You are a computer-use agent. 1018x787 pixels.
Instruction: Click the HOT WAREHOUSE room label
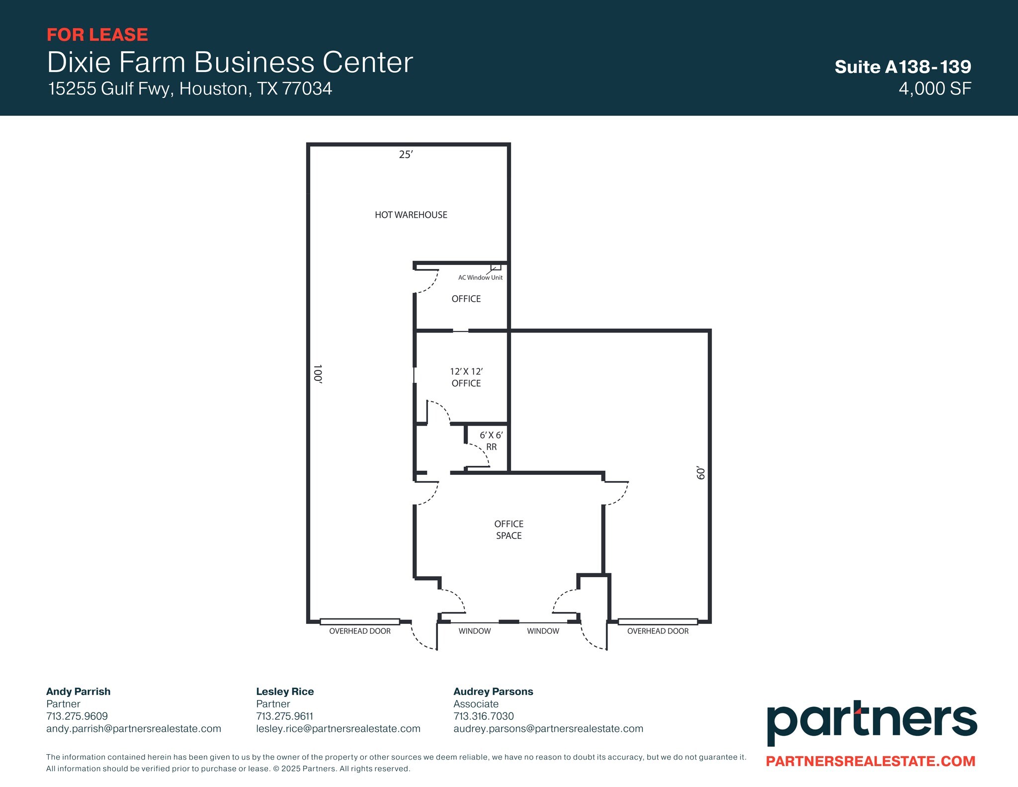tap(411, 215)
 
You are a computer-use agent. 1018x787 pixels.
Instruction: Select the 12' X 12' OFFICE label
tap(466, 377)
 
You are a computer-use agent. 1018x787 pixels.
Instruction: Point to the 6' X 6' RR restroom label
tap(491, 441)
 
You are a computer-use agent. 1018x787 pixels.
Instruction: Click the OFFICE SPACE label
tap(509, 529)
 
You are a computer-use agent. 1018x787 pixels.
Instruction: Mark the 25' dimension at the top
tap(406, 155)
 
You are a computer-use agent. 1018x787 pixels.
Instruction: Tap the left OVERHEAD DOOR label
tap(360, 631)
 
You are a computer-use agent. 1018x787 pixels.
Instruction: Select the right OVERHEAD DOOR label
tap(658, 631)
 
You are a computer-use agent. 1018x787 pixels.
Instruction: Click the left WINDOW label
tap(474, 631)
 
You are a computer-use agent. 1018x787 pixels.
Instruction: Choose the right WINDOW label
tap(543, 631)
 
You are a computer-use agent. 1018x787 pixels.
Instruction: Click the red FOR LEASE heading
tap(97, 35)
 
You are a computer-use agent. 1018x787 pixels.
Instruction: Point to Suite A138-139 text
tap(903, 67)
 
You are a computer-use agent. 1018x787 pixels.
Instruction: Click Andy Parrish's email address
tap(134, 729)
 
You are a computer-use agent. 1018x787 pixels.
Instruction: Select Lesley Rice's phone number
tap(284, 716)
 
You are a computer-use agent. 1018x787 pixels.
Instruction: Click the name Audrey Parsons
tap(493, 692)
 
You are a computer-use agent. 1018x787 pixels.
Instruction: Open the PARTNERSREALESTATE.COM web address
tap(870, 761)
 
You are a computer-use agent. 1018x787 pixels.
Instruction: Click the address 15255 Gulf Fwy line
tap(190, 88)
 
